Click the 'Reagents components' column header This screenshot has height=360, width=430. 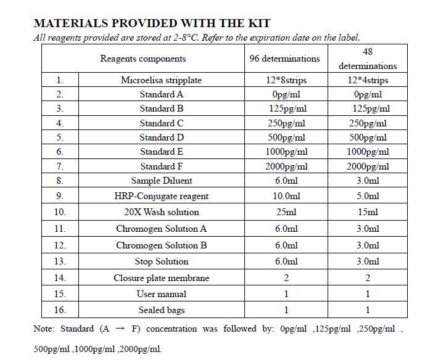(x=143, y=59)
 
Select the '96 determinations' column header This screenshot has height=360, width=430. (x=284, y=59)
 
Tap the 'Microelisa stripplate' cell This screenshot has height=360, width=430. (x=161, y=80)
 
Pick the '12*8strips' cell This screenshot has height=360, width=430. (x=284, y=80)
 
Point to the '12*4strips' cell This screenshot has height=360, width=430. (x=368, y=80)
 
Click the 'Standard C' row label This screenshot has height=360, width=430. (x=161, y=123)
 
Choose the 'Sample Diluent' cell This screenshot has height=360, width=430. (x=161, y=181)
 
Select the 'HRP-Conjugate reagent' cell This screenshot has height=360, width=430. (x=161, y=196)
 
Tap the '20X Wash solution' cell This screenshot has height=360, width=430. (x=161, y=212)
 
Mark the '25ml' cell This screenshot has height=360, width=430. (x=285, y=212)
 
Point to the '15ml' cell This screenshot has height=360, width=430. (x=368, y=212)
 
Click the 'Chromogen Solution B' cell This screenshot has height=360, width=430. (x=161, y=245)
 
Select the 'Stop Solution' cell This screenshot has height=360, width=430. (x=161, y=261)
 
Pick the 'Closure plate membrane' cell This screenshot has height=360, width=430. (x=161, y=278)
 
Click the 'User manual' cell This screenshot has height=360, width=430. (x=161, y=294)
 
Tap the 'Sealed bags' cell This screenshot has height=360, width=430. (x=161, y=310)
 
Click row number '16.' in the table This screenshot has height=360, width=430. (x=60, y=310)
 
